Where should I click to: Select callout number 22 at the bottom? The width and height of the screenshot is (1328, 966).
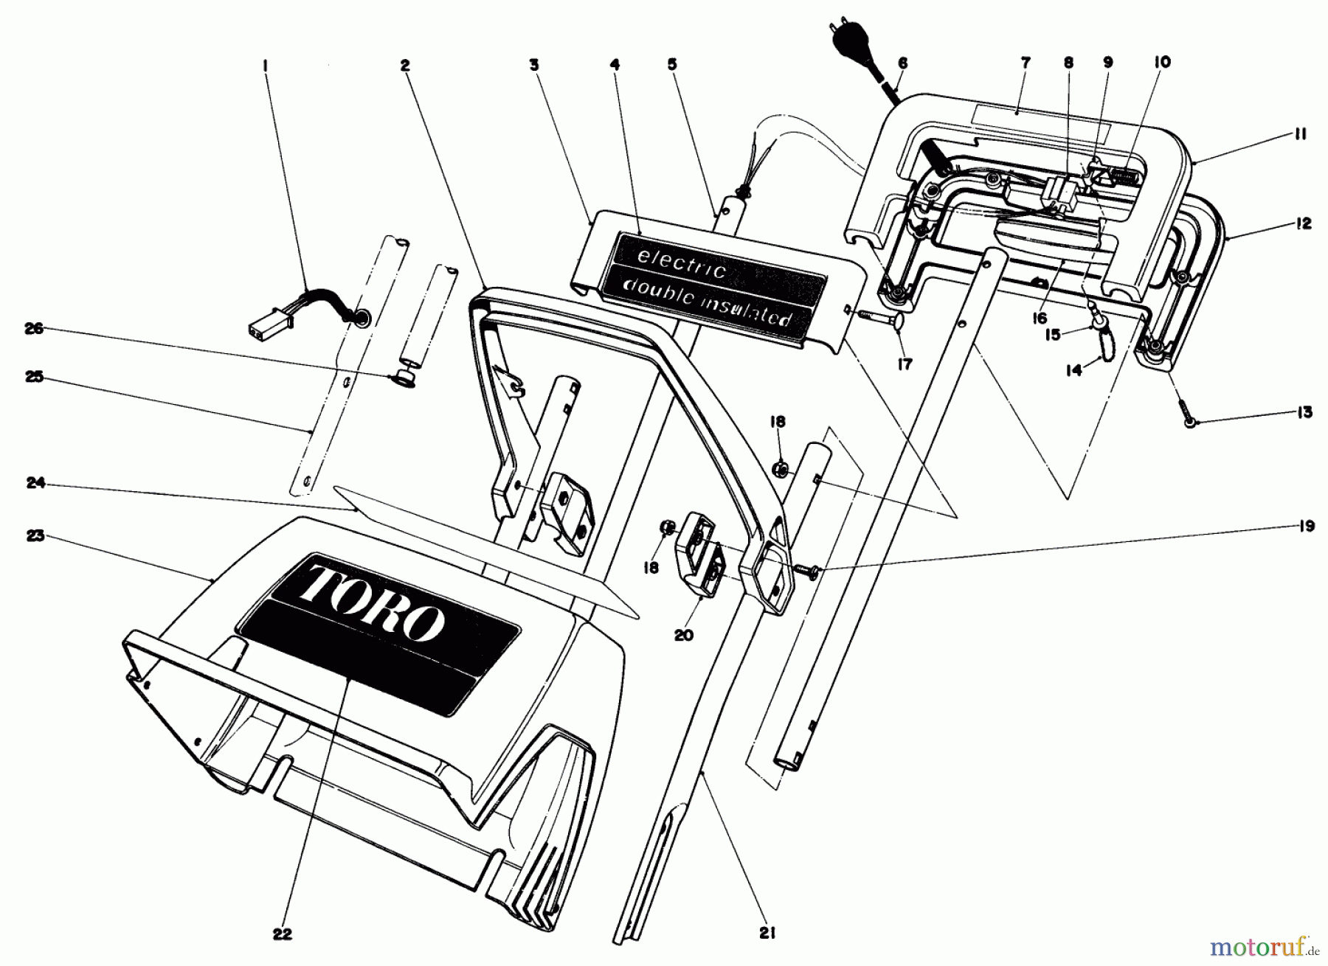pos(282,934)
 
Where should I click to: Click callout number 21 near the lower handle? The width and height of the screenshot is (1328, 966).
pos(767,934)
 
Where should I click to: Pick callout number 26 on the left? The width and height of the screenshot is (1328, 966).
pos(34,329)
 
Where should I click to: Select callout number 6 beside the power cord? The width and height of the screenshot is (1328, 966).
pos(902,63)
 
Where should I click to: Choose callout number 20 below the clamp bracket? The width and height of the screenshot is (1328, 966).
pos(683,634)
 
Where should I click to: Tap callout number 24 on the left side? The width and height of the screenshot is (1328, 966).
pos(36,484)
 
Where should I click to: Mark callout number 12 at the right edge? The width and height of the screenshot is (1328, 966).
pos(1304,223)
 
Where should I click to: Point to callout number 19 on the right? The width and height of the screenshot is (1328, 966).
pos(1306,527)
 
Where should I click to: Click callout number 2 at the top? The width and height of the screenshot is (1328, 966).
pos(404,65)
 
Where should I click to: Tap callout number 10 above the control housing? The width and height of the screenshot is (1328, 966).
pos(1161,63)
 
